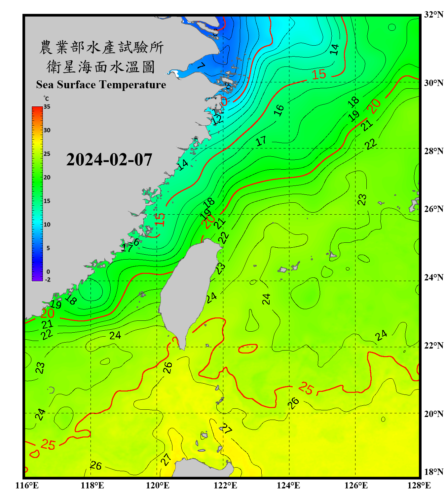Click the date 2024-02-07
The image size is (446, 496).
[x=109, y=160]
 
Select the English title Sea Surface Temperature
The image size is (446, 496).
[x=101, y=85]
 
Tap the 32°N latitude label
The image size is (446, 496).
[x=434, y=15]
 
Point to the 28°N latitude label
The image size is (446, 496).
[x=434, y=151]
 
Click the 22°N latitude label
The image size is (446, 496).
[x=434, y=346]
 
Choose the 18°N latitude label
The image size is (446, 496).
[x=434, y=472]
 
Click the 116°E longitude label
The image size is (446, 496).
[x=27, y=485]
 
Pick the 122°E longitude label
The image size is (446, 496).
[x=225, y=485]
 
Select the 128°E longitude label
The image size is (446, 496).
[x=419, y=485]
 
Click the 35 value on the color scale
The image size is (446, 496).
[x=47, y=107]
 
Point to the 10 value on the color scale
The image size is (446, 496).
[x=47, y=225]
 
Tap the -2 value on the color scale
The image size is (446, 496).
[x=48, y=280]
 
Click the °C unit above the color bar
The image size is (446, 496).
[x=46, y=99]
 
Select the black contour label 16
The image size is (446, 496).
[x=279, y=110]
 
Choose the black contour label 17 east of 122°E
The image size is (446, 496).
[x=261, y=141]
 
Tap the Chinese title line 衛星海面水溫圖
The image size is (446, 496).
[x=101, y=67]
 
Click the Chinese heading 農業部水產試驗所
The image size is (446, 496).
[x=101, y=47]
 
